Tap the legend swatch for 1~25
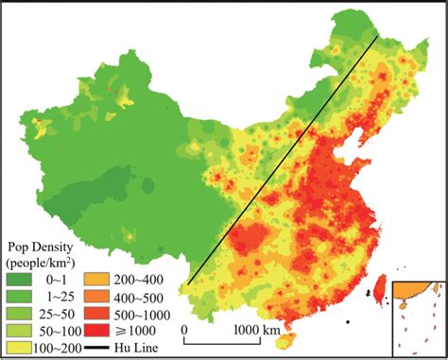(x=19, y=295)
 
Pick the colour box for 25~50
(x=19, y=312)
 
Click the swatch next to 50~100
(x=19, y=329)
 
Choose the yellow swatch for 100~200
(x=19, y=346)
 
